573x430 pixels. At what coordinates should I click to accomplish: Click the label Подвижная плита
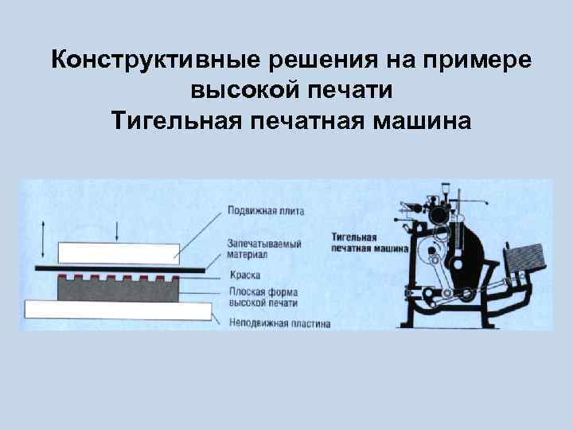point(265,211)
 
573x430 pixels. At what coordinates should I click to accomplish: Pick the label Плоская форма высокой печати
point(263,297)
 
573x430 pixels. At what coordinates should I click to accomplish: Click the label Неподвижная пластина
point(278,322)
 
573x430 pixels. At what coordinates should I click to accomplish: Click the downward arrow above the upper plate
point(117,232)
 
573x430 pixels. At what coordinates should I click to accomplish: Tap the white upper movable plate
point(116,252)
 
